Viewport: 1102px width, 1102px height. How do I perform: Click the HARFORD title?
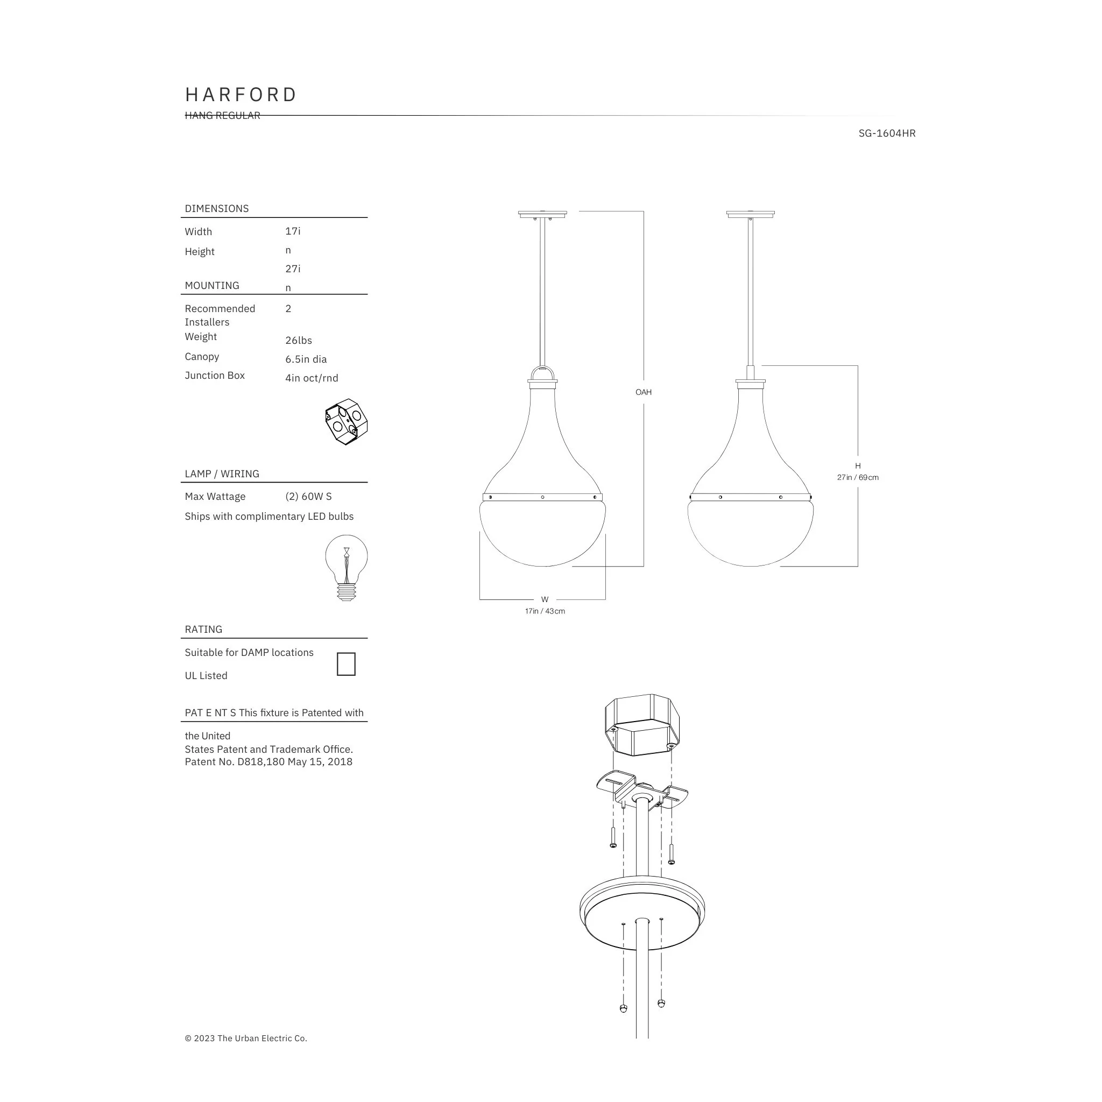[241, 95]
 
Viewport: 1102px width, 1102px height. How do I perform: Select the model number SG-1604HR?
[887, 133]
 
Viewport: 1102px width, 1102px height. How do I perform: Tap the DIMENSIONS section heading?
[217, 209]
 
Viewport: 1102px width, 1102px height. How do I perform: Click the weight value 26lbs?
[299, 341]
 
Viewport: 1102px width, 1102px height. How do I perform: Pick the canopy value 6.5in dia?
[306, 359]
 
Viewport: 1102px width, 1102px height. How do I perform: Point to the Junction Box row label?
[215, 376]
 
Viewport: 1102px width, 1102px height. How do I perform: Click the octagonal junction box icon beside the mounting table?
[346, 422]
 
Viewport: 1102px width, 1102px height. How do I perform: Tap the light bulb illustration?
[346, 568]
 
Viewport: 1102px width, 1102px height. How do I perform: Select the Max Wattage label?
[215, 497]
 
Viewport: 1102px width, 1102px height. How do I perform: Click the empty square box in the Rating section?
[346, 664]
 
